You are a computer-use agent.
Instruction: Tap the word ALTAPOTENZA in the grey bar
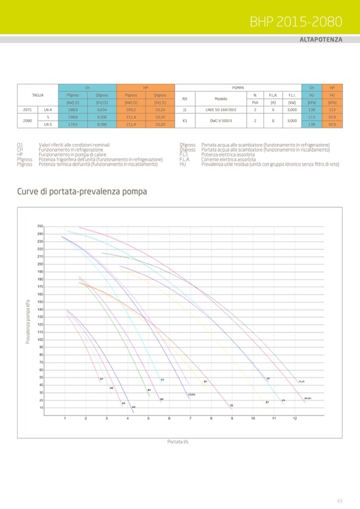coord(321,40)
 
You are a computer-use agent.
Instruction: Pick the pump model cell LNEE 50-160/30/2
coord(220,110)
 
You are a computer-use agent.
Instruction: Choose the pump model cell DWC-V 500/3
coord(220,120)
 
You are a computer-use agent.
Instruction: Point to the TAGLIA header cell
coord(37,94)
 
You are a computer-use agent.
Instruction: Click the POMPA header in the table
coord(238,87)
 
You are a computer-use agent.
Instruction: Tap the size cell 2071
coord(27,110)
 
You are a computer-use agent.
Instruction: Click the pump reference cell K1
coord(185,120)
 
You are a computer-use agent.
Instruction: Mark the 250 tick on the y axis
coord(40,227)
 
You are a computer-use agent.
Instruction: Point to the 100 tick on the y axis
coord(40,340)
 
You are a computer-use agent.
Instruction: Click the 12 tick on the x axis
coord(295,419)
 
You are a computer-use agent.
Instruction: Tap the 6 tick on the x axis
coord(169,419)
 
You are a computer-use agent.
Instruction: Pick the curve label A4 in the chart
coord(134,407)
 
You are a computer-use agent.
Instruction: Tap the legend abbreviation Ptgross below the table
coord(24,165)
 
